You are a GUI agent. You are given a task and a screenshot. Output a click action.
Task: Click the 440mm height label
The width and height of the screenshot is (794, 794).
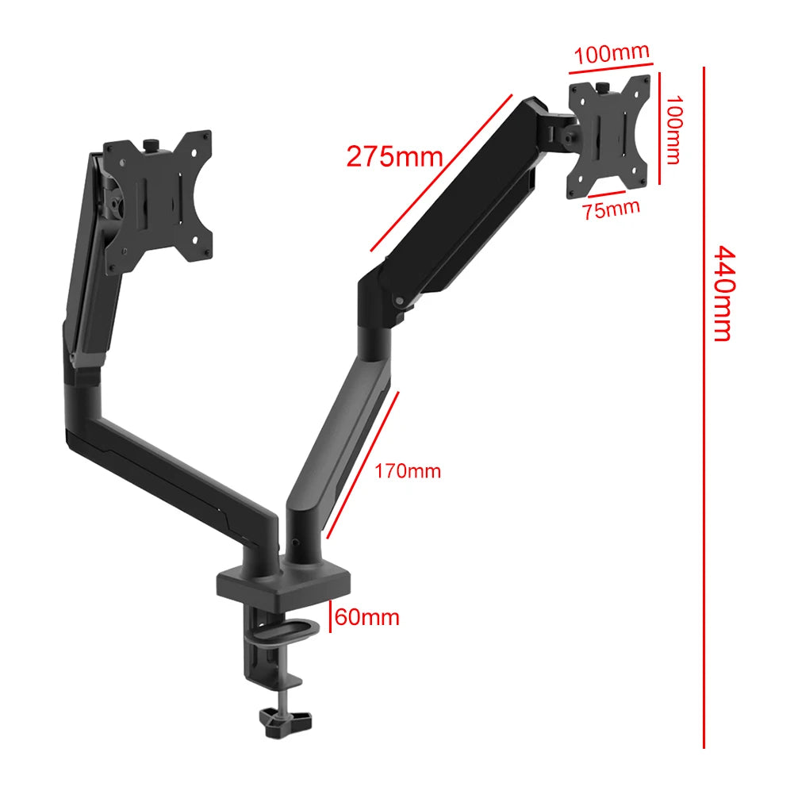click(721, 293)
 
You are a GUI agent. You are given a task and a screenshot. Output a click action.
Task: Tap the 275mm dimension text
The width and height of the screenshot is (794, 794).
click(394, 156)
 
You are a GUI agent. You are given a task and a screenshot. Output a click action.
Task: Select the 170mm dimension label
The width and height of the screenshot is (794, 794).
click(408, 471)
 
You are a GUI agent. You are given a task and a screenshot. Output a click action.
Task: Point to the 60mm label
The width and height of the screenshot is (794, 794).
click(366, 616)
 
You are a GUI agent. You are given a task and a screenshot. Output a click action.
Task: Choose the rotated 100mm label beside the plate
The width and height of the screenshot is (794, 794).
click(673, 130)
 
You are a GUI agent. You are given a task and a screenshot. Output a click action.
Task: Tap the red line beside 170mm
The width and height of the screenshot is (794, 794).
click(362, 464)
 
